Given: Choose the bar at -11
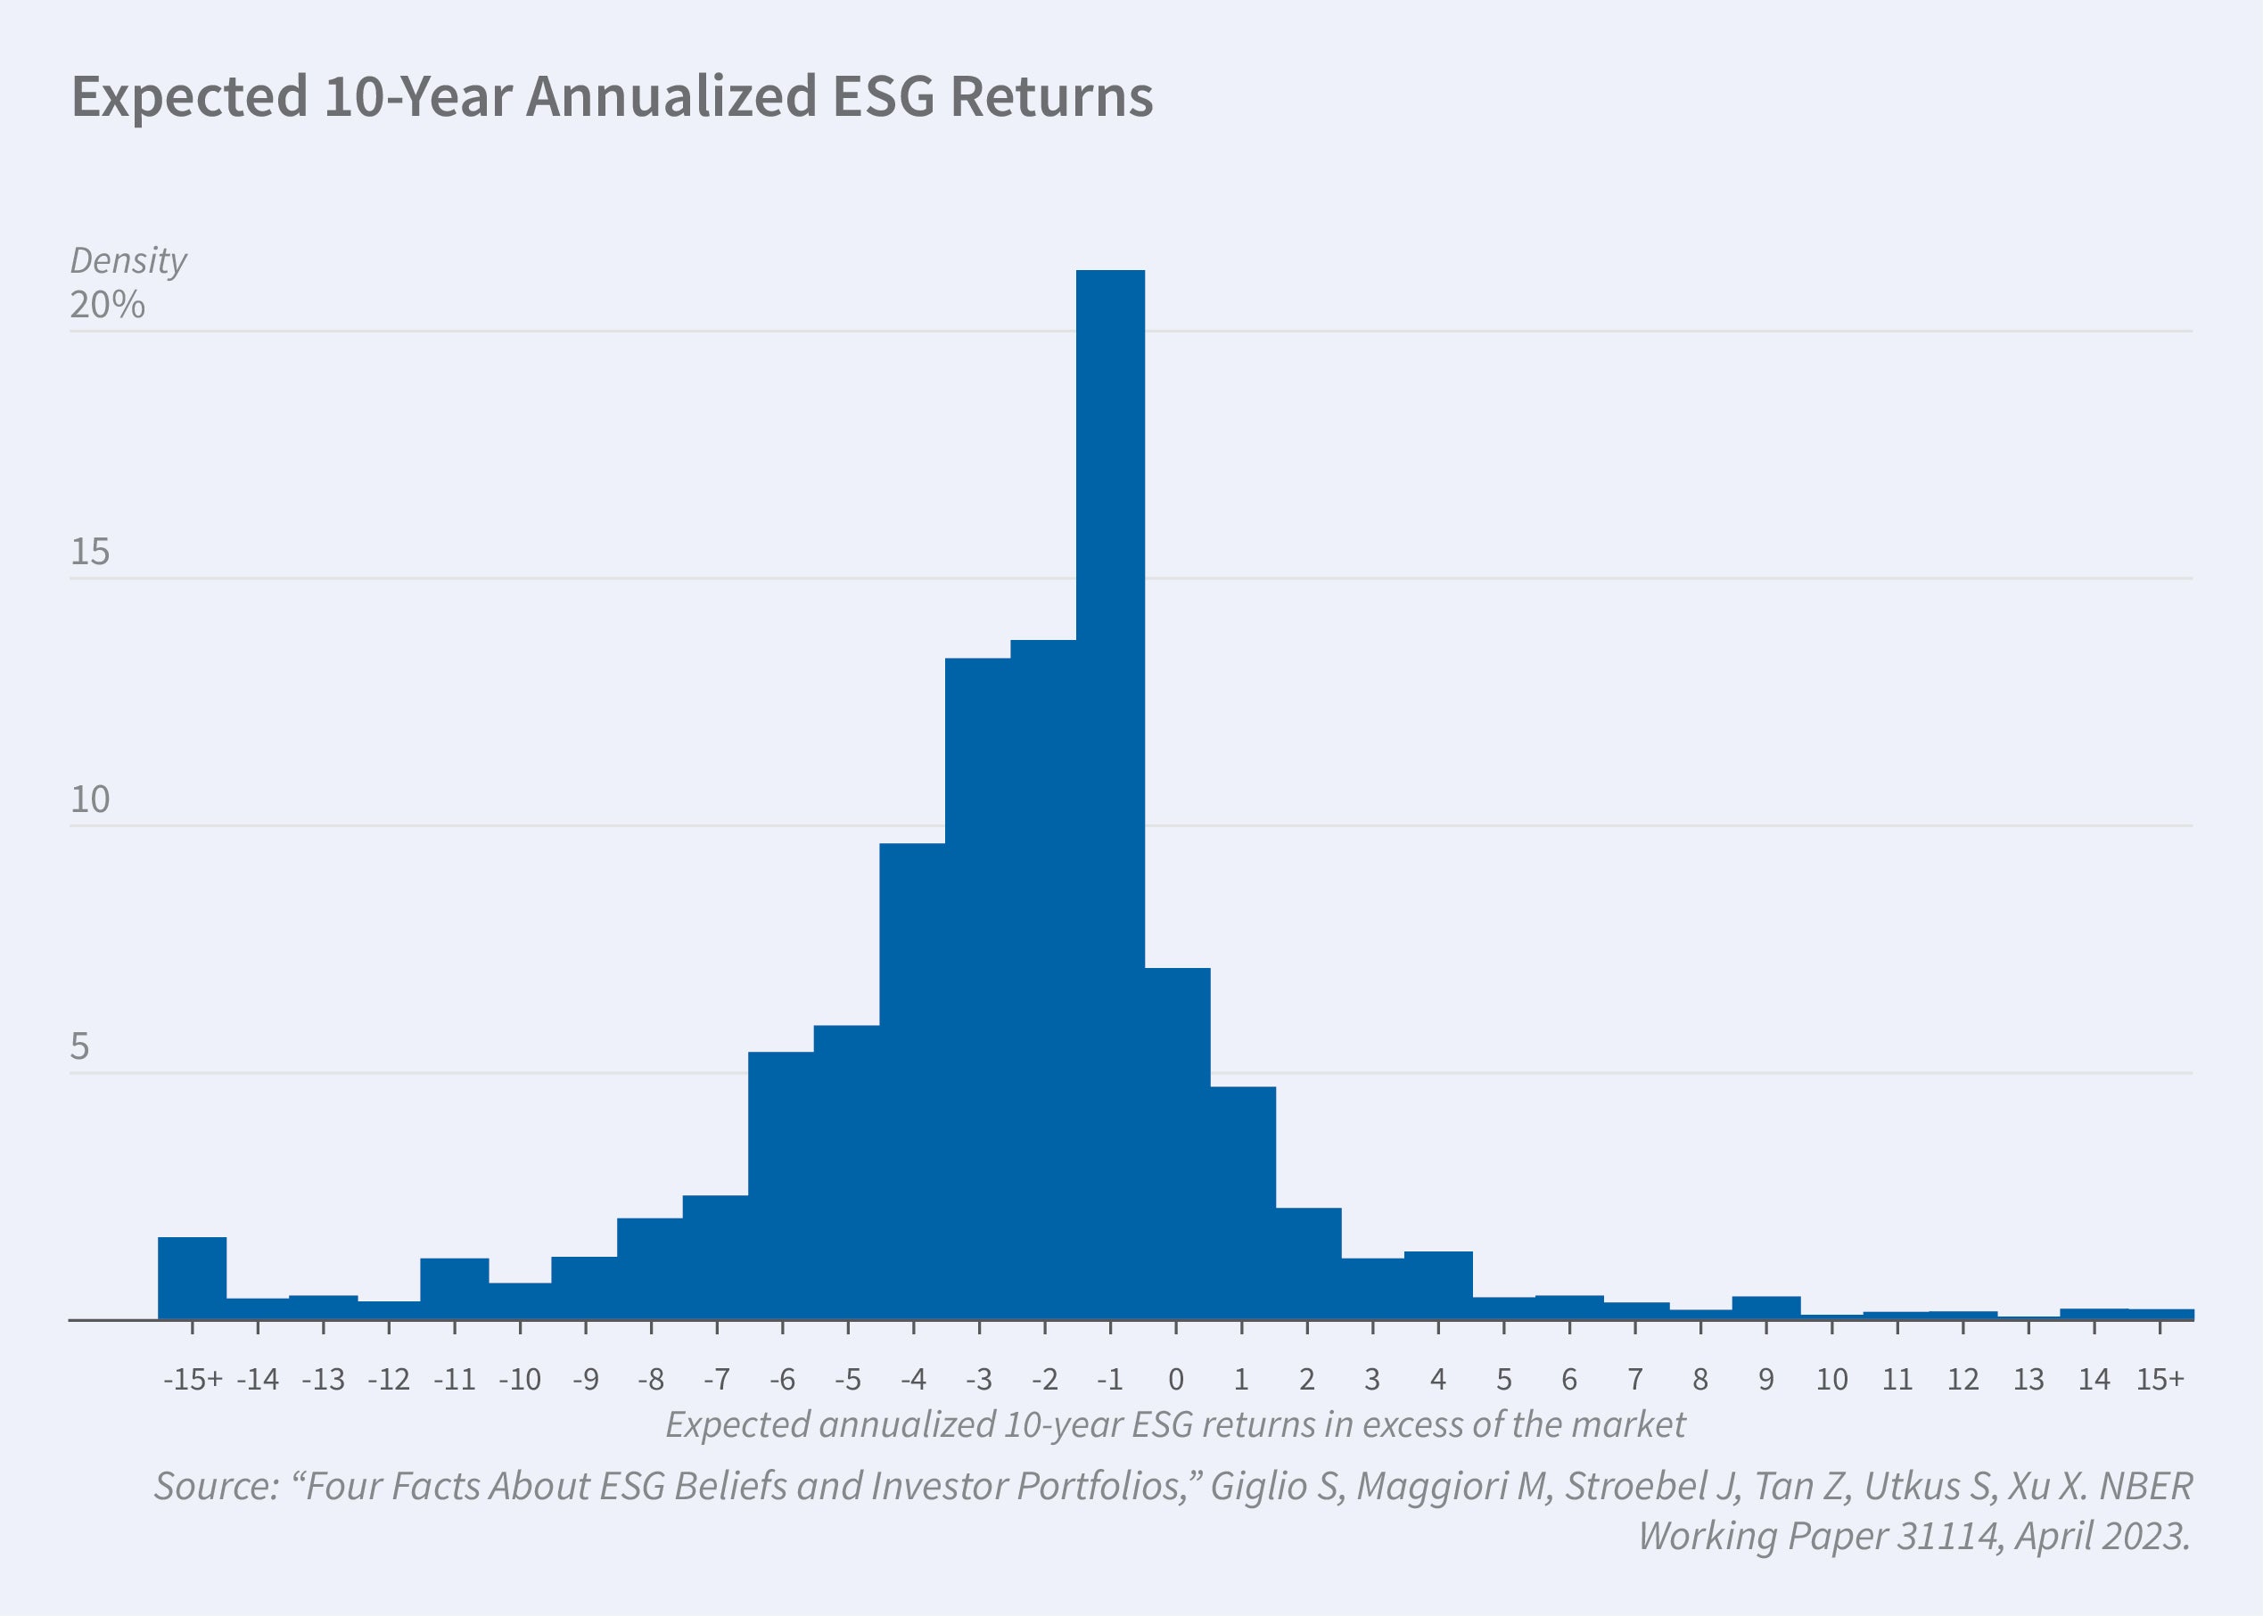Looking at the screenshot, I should [x=454, y=1289].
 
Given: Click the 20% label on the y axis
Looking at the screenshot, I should [x=108, y=305].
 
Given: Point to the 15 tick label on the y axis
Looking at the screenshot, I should [x=89, y=553].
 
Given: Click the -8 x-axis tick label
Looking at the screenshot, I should [x=651, y=1379].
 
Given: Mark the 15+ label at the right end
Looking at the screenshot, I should [x=2160, y=1379].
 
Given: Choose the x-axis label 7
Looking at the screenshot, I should [x=1635, y=1379].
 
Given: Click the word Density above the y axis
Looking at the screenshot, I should [x=128, y=260].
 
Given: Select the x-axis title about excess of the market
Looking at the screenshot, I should [x=1175, y=1425].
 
